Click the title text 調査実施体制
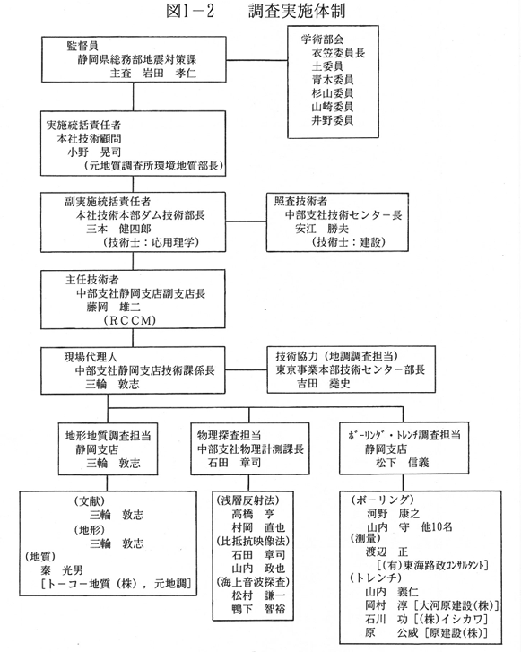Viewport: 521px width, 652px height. coord(297,12)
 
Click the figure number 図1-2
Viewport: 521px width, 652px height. coord(190,12)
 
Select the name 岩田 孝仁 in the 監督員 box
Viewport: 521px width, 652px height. coord(169,74)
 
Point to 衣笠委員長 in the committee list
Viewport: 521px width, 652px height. coord(338,53)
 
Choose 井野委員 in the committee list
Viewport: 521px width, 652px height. coord(333,120)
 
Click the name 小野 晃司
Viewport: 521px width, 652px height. coord(94,152)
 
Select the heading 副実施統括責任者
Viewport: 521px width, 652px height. coord(108,202)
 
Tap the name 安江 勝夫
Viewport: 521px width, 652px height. coord(322,229)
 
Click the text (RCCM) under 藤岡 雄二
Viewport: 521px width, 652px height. coord(130,320)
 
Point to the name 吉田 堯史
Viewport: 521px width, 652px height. coord(324,383)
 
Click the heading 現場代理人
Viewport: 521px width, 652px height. coord(91,357)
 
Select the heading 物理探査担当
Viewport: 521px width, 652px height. coord(229,435)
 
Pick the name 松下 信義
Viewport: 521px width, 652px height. coord(402,463)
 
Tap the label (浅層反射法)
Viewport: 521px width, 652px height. coord(247,500)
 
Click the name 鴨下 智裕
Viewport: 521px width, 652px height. coord(258,609)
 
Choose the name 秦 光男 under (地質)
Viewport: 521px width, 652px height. coord(62,570)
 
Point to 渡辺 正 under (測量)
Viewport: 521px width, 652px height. coord(386,552)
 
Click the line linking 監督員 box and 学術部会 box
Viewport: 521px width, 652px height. coord(257,60)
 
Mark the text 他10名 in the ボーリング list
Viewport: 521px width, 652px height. coord(436,526)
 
